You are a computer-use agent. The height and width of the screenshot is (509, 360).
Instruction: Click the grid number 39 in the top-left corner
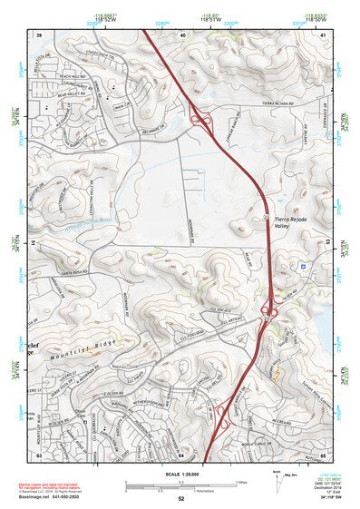(39, 34)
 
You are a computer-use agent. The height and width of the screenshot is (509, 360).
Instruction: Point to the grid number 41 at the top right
(324, 34)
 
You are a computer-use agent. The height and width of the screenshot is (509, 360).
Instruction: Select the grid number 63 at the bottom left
(39, 455)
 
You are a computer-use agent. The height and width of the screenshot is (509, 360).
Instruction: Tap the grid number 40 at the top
(182, 34)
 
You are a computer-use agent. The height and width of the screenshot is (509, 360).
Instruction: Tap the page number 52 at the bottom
(181, 498)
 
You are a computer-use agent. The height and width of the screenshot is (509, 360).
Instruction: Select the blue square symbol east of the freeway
(301, 266)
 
